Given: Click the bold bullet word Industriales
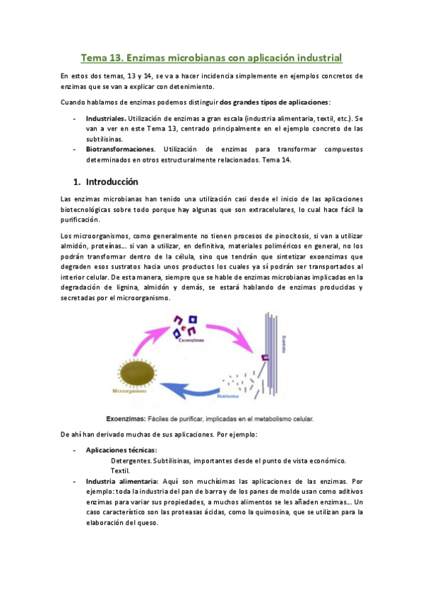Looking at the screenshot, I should tap(106, 119).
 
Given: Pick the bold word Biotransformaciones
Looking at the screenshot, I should tap(119, 150).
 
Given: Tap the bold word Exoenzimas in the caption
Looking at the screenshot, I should tap(126, 417).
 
